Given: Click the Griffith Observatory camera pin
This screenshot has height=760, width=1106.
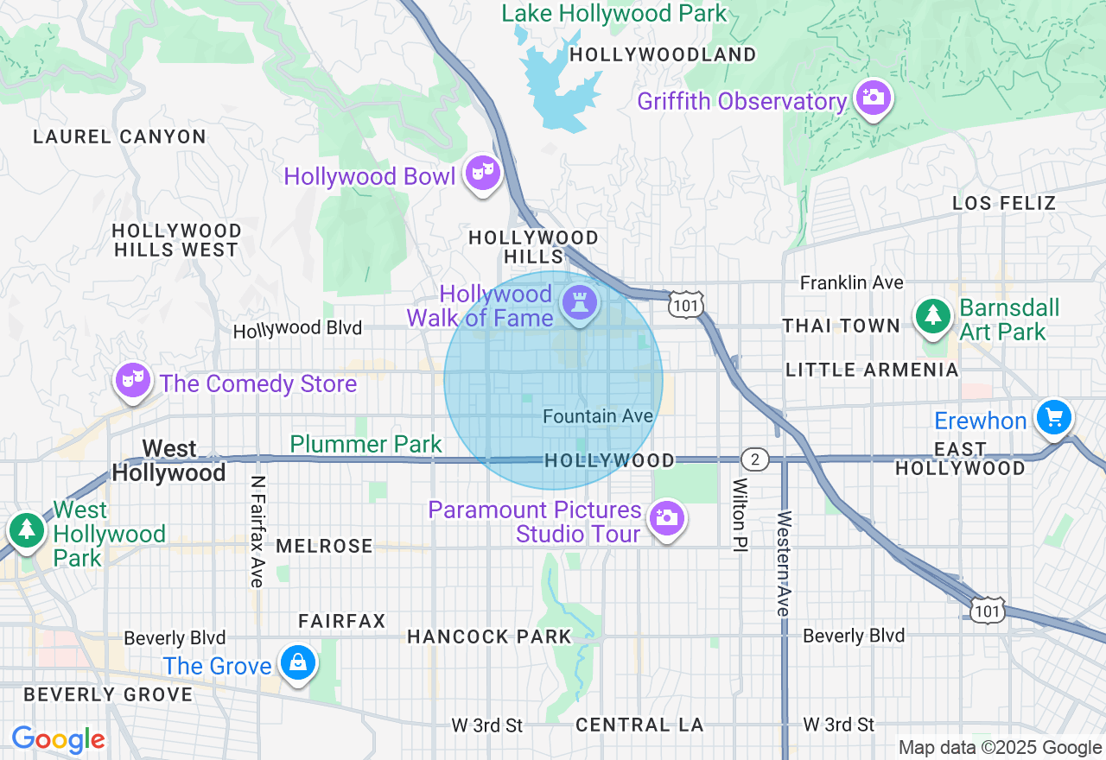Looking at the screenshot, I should (x=874, y=98).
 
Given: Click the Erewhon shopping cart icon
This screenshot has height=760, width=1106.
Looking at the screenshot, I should (x=1053, y=418).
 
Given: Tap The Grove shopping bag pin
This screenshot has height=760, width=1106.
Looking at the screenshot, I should (x=298, y=663).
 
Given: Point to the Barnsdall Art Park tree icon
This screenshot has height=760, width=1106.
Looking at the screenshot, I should (x=933, y=315).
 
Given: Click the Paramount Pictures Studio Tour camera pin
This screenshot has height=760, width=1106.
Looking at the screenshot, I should (x=666, y=518).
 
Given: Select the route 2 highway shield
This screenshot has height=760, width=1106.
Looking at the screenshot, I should (x=755, y=459).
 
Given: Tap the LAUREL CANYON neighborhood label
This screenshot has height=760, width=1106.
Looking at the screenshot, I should (x=119, y=136).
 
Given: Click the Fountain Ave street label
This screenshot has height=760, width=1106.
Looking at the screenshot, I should (x=598, y=416).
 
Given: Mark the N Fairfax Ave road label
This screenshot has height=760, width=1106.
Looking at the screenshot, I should (x=257, y=531).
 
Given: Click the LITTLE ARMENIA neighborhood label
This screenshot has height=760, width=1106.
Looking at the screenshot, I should (x=872, y=370).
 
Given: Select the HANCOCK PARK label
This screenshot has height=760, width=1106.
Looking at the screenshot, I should (x=489, y=636).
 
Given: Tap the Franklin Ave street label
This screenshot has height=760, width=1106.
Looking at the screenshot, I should (x=851, y=282).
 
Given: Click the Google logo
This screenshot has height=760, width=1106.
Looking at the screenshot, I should (x=58, y=739).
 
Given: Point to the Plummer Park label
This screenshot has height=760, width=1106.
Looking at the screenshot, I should (x=365, y=444).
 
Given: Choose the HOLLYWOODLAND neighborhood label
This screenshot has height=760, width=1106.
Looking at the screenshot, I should (x=663, y=54).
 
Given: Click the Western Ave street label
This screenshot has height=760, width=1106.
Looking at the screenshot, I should (x=783, y=563).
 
